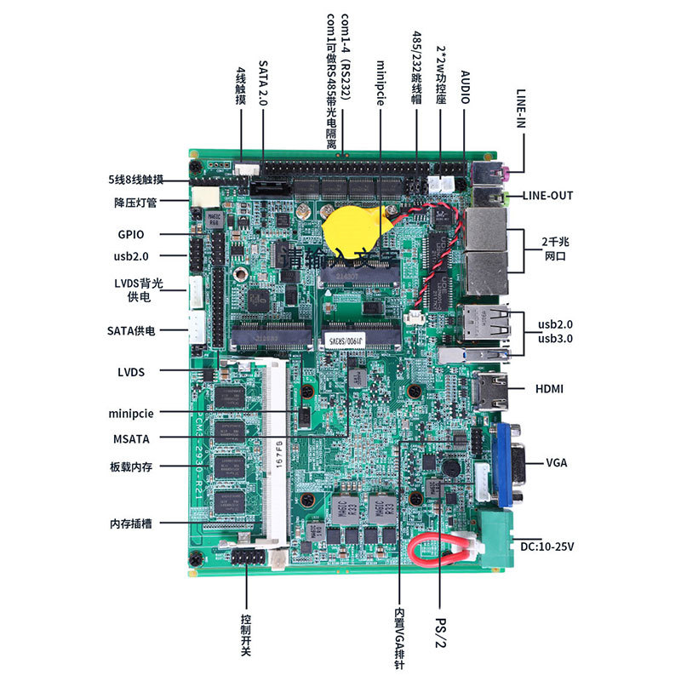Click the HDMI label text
[549, 388]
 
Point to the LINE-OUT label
[547, 196]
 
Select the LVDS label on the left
[131, 371]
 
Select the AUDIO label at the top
[466, 87]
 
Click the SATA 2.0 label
[262, 83]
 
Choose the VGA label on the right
[557, 463]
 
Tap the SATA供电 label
[131, 329]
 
